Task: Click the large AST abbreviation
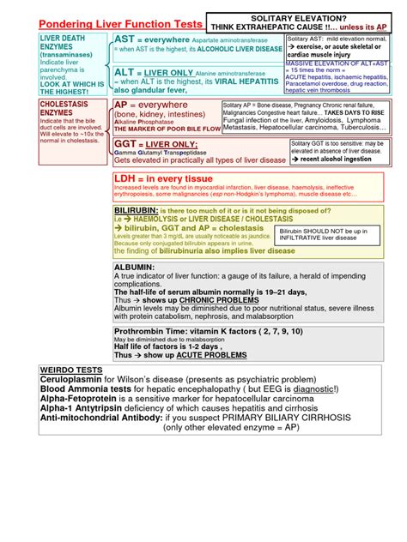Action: pyautogui.click(x=126, y=41)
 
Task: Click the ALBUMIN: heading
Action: pyautogui.click(x=134, y=268)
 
